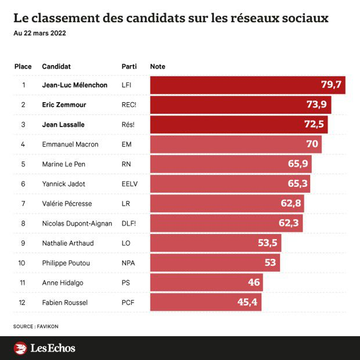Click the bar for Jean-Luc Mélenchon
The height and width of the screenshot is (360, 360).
247,85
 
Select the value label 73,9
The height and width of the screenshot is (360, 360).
316,105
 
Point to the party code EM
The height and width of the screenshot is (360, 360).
126,144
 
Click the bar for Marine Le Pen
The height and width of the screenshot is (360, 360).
231,164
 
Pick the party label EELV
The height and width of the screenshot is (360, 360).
129,183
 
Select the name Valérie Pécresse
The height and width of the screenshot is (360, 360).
67,203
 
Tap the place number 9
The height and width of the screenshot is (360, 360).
24,243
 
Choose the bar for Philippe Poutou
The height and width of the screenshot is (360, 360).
215,262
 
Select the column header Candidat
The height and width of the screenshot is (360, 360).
56,66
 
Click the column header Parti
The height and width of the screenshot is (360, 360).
129,66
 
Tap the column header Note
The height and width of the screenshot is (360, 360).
157,66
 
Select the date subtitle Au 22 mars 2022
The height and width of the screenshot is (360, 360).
39,33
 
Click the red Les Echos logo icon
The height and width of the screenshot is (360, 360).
20,348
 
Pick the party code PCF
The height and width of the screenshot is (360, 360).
128,302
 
